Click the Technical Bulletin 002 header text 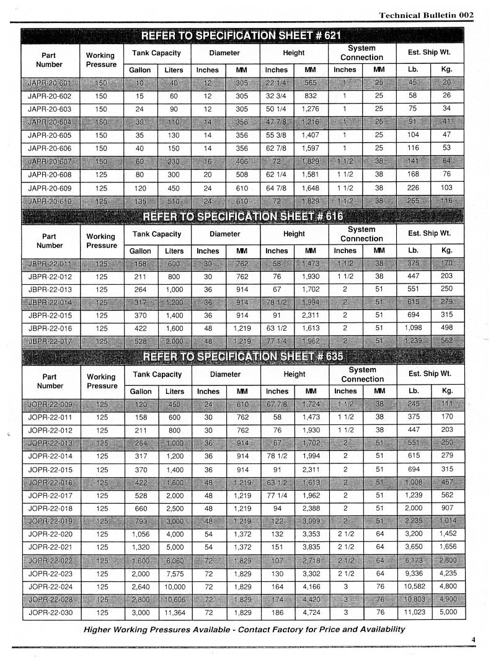[x=426, y=15]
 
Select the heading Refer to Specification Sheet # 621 [x=241, y=35]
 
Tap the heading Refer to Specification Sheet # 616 [x=242, y=216]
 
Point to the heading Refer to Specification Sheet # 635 [x=242, y=357]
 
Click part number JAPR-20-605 [x=50, y=135]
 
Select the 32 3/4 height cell [x=277, y=96]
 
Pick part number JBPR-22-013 [x=50, y=290]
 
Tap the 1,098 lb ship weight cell [x=414, y=328]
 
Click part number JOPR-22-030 [x=50, y=612]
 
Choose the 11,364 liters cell [x=174, y=612]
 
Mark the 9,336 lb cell [x=414, y=574]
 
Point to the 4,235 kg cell [x=447, y=574]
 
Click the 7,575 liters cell [x=174, y=574]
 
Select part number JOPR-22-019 [x=50, y=521]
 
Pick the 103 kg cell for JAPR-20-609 [x=446, y=188]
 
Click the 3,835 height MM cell [x=311, y=547]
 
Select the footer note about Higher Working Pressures [x=244, y=629]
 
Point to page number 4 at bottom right [x=472, y=640]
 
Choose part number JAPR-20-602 [x=50, y=96]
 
